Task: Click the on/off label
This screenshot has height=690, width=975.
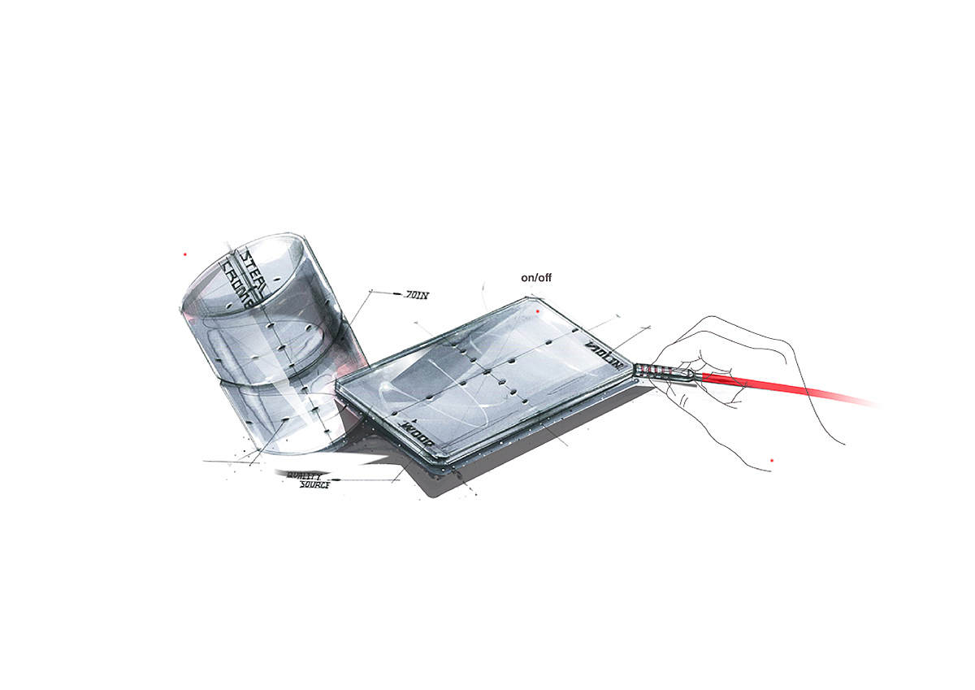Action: (535, 278)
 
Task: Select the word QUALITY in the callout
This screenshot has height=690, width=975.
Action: (301, 475)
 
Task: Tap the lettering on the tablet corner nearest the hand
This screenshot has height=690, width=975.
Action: (604, 356)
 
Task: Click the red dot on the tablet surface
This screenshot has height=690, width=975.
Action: (538, 311)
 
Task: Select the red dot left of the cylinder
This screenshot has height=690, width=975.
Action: (185, 254)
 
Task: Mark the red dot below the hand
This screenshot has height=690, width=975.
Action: (771, 461)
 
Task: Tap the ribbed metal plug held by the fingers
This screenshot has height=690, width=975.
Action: (662, 373)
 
